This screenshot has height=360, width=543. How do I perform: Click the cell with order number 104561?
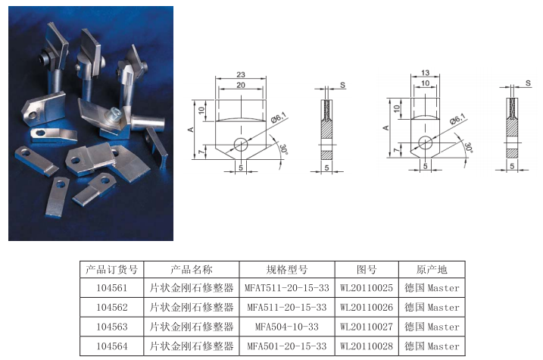click(112, 287)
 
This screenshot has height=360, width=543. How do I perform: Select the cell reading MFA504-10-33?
click(287, 327)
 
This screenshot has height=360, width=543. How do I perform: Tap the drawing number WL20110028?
click(367, 346)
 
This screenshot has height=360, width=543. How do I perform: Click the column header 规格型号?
click(287, 270)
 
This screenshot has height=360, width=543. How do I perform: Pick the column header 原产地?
click(432, 270)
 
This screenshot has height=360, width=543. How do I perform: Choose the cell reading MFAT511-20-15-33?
click(287, 287)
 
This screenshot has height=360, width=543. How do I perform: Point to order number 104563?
click(112, 327)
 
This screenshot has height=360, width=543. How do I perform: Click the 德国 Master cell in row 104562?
click(432, 307)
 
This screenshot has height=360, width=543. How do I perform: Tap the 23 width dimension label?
click(241, 74)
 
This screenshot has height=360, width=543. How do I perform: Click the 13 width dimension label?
click(426, 73)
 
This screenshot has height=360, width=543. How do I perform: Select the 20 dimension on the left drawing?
click(241, 85)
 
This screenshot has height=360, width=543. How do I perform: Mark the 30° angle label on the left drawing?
click(283, 149)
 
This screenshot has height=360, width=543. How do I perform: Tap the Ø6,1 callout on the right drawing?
click(457, 120)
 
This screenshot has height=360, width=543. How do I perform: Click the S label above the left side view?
click(342, 85)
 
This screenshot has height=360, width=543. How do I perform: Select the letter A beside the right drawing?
click(385, 128)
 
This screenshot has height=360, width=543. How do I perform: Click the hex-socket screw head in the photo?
click(114, 113)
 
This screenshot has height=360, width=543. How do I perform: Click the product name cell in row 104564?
click(192, 346)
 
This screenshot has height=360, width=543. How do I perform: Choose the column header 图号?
click(367, 270)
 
